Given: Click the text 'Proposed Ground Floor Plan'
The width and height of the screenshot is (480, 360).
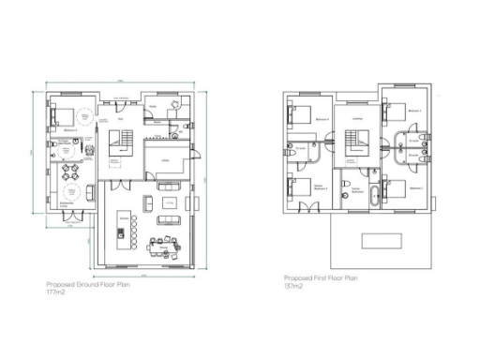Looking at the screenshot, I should pos(88,284).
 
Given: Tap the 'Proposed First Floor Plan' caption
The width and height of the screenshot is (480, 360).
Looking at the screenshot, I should pos(322,277).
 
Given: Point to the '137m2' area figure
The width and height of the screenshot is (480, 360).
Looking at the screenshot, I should pos(292,285).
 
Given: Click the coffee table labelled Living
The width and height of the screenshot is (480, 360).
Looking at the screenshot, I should pos(169,201).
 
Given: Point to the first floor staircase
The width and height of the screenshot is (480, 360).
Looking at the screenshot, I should pos(356,143).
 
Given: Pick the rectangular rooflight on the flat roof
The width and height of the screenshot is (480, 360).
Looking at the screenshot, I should pos(381,240).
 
